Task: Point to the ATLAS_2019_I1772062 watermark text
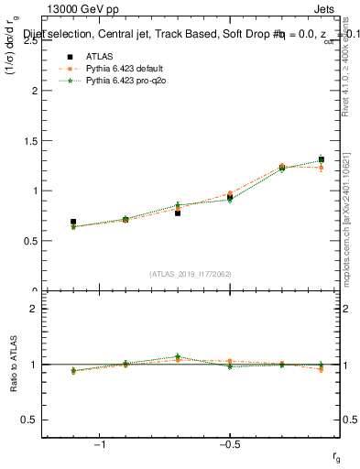[x=191, y=274]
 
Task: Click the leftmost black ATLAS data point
[x=73, y=222]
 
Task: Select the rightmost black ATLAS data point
[x=321, y=159]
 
